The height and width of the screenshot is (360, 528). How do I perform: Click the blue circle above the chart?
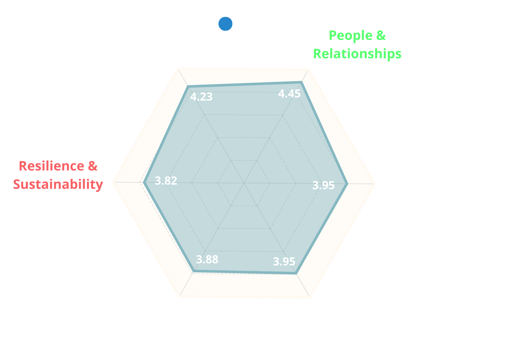(x=225, y=24)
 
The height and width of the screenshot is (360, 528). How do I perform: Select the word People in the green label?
(x=350, y=36)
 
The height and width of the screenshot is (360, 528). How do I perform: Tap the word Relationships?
(x=357, y=54)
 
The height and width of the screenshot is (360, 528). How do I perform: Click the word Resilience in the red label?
(x=52, y=166)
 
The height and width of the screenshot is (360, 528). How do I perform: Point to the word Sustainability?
(x=58, y=184)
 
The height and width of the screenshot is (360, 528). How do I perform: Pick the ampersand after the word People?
(x=381, y=35)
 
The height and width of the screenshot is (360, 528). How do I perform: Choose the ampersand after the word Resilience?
(x=92, y=166)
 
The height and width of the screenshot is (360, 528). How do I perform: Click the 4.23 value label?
(x=201, y=97)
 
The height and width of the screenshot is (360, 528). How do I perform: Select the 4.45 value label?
(x=289, y=94)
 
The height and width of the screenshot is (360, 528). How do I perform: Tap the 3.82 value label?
(x=166, y=181)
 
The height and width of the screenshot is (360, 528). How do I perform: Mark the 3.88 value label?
(x=207, y=259)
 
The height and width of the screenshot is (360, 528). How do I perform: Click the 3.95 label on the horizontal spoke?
(x=323, y=185)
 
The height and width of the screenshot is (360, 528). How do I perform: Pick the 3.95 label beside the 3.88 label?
(x=284, y=262)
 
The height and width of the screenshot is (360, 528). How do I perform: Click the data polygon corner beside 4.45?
(x=301, y=82)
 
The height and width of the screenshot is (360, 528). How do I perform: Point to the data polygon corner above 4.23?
(x=188, y=87)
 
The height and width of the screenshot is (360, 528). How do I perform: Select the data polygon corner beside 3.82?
(x=144, y=182)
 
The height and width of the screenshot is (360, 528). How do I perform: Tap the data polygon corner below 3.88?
(x=194, y=271)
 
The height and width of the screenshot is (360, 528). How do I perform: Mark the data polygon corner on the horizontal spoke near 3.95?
(x=347, y=184)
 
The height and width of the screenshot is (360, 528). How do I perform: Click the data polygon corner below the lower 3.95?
(x=296, y=274)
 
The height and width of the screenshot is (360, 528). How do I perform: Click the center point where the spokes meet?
(x=244, y=183)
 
